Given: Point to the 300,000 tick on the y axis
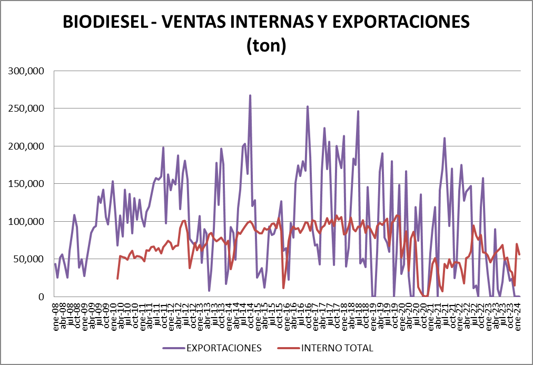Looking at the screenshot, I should click(26, 71).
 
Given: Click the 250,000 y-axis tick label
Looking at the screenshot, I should click(26, 108).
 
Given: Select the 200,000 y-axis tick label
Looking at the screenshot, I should click(26, 146).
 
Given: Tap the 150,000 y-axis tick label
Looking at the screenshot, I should click(26, 184).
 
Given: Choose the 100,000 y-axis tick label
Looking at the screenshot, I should click(26, 221).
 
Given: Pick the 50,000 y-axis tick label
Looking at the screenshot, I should click(29, 259).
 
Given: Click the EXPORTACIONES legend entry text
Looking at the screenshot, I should click(223, 348).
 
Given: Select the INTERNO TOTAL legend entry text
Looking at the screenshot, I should click(338, 348).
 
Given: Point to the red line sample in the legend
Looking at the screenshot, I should click(288, 348).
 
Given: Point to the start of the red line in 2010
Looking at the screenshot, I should click(117, 278).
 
